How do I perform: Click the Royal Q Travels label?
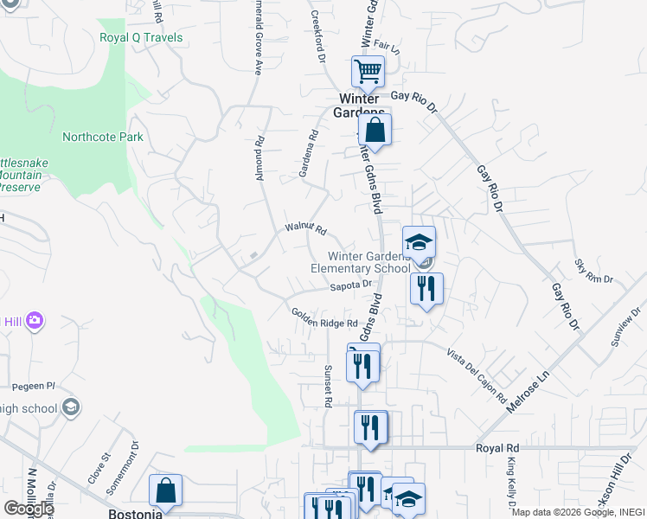tap(141, 37)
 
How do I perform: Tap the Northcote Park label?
tap(103, 137)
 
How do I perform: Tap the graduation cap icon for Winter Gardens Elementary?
tap(419, 242)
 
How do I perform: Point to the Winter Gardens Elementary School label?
tap(361, 262)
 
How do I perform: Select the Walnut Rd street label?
tap(305, 230)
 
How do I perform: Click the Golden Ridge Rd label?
tap(323, 317)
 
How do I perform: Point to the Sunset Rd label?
tap(328, 386)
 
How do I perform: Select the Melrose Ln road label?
tap(529, 390)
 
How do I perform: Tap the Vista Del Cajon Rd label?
tap(477, 375)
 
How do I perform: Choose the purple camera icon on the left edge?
tap(35, 321)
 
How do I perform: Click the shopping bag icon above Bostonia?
tap(165, 490)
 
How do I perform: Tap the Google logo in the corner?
tap(28, 509)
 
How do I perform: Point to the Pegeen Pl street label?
tap(33, 387)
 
